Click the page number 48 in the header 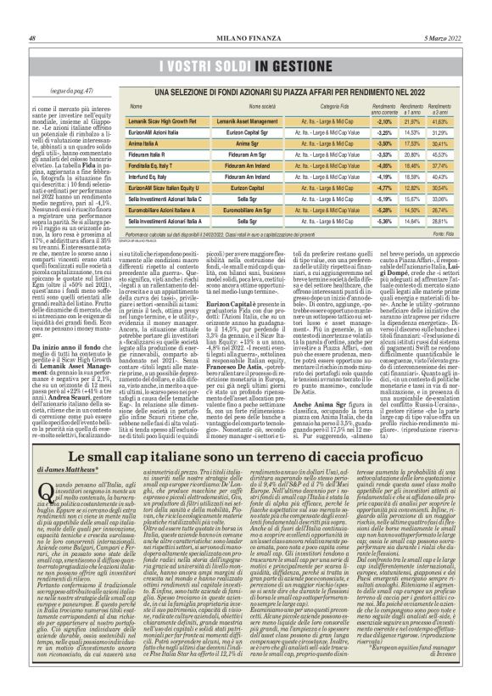pyautogui.click(x=32, y=14)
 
